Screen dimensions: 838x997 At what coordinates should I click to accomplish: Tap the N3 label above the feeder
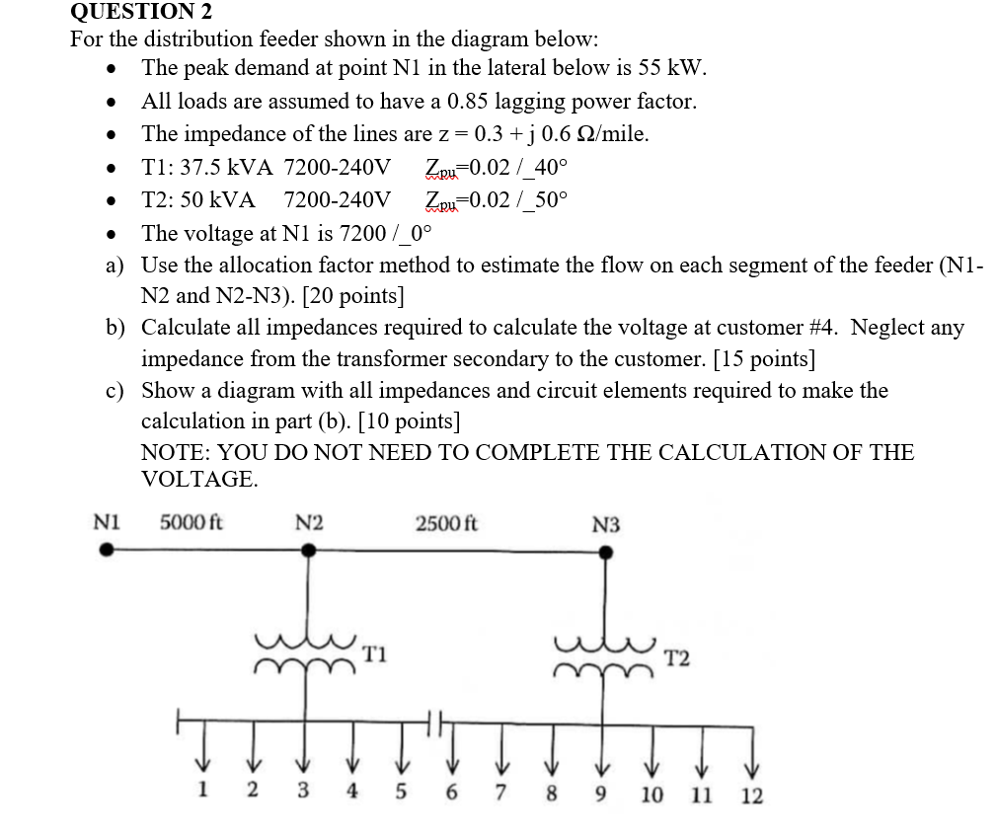click(606, 524)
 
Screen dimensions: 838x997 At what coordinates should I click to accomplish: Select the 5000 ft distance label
click(191, 521)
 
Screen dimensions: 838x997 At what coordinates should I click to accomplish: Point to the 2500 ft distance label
click(446, 522)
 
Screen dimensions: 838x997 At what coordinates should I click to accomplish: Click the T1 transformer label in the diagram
click(374, 652)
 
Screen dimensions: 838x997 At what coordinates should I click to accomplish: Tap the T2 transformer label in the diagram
click(677, 657)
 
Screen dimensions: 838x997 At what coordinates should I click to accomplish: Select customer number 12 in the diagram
click(751, 796)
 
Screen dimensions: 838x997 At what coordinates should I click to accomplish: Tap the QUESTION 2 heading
click(141, 12)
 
